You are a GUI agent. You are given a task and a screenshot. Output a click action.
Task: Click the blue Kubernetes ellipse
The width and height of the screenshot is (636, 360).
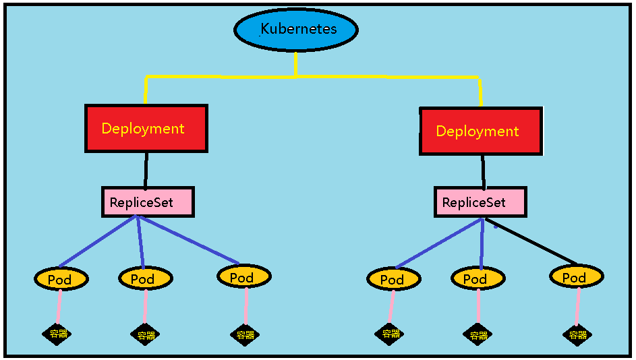tap(295, 30)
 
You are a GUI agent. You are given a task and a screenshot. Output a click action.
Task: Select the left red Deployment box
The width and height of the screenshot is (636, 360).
tap(146, 128)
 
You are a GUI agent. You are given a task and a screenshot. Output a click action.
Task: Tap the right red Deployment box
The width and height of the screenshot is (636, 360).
tap(480, 131)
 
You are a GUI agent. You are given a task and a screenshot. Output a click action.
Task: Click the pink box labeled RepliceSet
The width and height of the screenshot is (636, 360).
tap(148, 202)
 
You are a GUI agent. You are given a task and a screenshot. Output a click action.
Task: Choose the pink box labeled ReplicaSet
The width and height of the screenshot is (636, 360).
tap(480, 202)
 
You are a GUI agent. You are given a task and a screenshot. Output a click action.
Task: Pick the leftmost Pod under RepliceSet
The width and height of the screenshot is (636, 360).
tap(61, 279)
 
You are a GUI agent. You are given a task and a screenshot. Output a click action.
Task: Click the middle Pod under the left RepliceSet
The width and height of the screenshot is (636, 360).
tap(145, 278)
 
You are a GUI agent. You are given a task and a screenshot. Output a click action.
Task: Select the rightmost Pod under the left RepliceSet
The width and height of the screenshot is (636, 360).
tap(243, 276)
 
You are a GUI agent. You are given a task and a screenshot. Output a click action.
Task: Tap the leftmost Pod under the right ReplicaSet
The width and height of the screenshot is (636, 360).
tap(394, 279)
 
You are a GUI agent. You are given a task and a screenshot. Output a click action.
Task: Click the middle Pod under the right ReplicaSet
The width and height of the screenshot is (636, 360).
tap(478, 278)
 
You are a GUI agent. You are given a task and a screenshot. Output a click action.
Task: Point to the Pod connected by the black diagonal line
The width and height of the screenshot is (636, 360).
tap(576, 277)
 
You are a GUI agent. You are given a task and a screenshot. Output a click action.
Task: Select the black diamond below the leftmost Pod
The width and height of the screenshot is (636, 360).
tap(57, 334)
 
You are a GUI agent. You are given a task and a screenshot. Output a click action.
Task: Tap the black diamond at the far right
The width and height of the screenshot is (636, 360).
tap(577, 334)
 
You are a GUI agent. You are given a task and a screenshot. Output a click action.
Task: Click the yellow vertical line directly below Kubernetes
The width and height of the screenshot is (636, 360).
tap(295, 63)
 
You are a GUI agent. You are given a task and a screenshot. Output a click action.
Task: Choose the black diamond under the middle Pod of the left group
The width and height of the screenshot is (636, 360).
tap(145, 334)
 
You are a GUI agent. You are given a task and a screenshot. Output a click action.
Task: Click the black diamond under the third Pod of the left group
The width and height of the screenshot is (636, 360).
tap(243, 334)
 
